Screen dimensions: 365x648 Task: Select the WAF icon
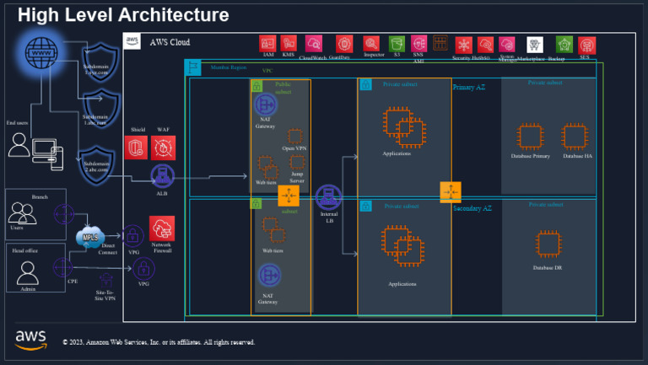coord(163,148)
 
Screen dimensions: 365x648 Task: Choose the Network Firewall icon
coord(162,228)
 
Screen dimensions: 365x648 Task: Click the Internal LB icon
coord(327,198)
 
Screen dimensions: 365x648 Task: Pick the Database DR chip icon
coord(548,244)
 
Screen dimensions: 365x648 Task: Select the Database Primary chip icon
coord(530,136)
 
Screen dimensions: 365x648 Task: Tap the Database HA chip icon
coord(575,136)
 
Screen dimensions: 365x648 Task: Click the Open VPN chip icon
coord(294,136)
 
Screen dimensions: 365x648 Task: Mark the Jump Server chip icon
coord(297,164)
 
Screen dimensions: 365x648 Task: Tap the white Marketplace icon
coord(534,44)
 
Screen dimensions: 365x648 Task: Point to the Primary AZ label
coord(470,87)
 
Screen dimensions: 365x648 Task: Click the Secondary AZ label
coord(472,207)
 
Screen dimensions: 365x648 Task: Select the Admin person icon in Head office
coord(28,272)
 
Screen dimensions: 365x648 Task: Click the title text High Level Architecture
coord(123,15)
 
